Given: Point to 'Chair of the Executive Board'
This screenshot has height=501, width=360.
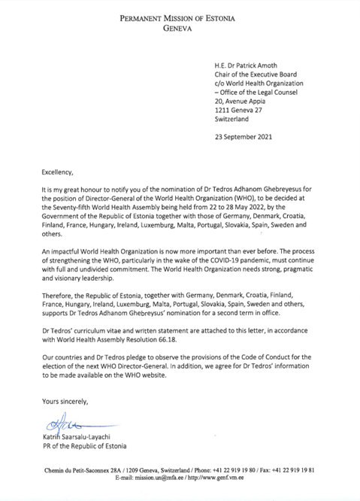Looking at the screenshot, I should (x=261, y=77).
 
